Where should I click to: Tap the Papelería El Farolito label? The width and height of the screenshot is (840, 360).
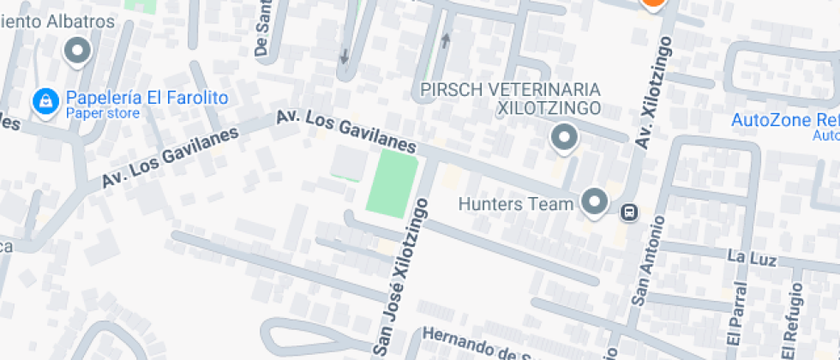[147, 98]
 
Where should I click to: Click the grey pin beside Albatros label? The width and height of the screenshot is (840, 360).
[79, 51]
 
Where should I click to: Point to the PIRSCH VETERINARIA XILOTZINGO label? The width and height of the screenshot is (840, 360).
[510, 99]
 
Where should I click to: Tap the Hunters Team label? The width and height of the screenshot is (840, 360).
[515, 204]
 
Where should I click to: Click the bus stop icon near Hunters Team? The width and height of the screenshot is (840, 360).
[628, 211]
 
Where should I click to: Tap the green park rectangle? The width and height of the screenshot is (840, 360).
[392, 183]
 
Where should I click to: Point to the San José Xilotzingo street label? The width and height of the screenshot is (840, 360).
[400, 274]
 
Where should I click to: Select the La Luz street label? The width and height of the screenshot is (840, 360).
[751, 257]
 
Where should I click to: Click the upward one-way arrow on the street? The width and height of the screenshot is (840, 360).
[446, 40]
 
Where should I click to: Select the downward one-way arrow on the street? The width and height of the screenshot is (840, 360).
[345, 57]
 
